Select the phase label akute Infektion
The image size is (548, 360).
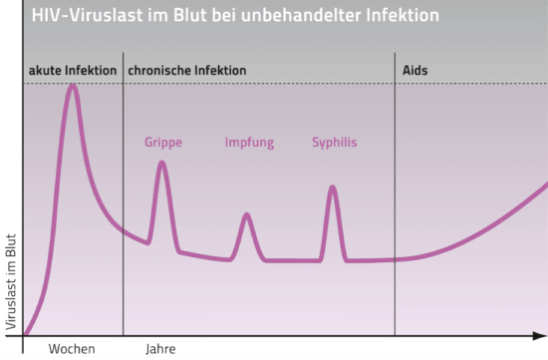pyautogui.click(x=71, y=71)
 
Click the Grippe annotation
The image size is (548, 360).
pyautogui.click(x=163, y=143)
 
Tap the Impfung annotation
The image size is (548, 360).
pyautogui.click(x=249, y=143)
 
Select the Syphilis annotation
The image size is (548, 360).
pyautogui.click(x=334, y=143)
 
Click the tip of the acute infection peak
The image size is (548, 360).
pyautogui.click(x=72, y=86)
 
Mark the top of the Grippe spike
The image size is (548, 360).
pyautogui.click(x=161, y=163)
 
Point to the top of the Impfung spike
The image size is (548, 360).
pyautogui.click(x=246, y=215)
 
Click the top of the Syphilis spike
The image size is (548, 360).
pyautogui.click(x=333, y=187)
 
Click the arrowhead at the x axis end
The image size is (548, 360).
pyautogui.click(x=543, y=336)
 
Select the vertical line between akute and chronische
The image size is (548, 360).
pyautogui.click(x=124, y=199)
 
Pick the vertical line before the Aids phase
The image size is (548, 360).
pyautogui.click(x=396, y=199)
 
